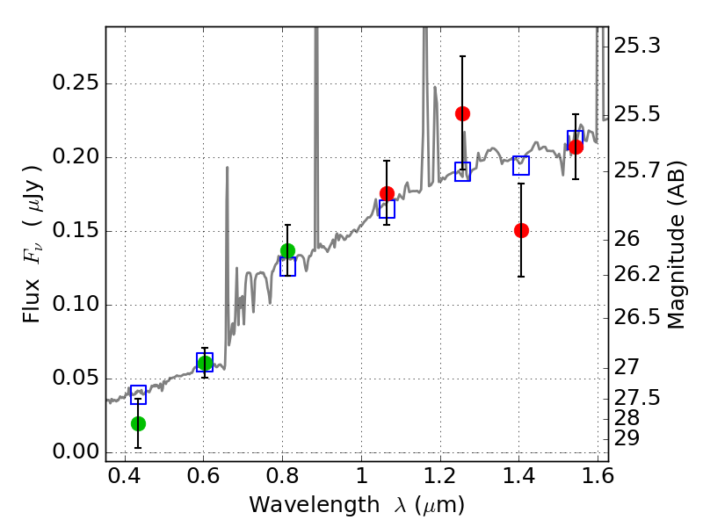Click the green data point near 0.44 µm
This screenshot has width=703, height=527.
coord(139,423)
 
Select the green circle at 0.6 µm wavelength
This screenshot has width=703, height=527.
coord(205,363)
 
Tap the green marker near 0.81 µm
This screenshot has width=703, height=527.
coord(288,250)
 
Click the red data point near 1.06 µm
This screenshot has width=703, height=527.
coord(387,193)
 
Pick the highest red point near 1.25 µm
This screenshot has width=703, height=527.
coord(463,114)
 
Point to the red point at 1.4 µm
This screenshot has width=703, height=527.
coord(521,231)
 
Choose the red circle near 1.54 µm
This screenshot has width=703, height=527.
coord(576,147)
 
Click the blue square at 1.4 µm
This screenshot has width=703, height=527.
coord(521,165)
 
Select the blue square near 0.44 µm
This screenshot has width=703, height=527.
coord(139,394)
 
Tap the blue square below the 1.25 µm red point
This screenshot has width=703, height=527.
coord(463,171)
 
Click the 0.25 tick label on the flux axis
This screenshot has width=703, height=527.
coord(76,83)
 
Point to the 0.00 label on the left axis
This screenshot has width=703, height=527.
coord(76,451)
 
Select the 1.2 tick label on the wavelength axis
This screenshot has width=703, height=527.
coord(440,476)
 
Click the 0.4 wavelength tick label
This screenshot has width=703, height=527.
coord(125,476)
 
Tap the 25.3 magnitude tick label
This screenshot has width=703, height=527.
coord(636,46)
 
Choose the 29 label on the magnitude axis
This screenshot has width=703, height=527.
coord(627,438)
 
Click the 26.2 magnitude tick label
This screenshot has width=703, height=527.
coord(636,274)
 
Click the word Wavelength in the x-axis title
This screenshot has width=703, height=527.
coord(315,505)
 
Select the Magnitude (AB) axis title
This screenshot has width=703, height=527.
coord(677,245)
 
